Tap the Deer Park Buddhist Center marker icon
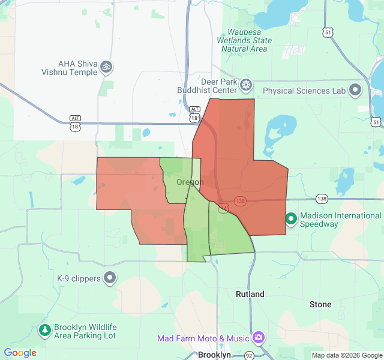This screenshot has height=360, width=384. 245,85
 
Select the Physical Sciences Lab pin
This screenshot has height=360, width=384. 355,91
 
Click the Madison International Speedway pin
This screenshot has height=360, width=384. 291,219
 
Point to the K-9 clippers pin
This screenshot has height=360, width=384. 110,278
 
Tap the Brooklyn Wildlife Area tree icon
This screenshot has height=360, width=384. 44,330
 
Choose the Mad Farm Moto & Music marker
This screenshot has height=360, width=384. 259,338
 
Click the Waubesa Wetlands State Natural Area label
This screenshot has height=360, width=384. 245,40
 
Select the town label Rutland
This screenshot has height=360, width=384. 250,295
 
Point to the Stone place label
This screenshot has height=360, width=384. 320,304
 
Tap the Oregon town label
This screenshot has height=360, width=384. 190,182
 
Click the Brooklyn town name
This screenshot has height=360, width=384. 214,355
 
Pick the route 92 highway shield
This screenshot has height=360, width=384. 249,355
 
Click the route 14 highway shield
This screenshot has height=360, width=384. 223,208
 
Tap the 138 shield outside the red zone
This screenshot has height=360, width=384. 322,198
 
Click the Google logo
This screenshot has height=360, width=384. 20,353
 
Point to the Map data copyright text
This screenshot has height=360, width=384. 346,355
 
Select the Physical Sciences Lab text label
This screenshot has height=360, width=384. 305,91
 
